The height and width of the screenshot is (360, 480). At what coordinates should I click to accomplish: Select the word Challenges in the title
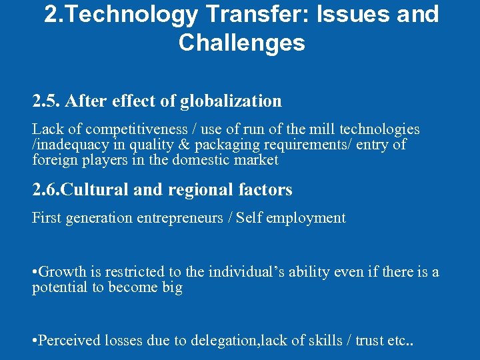241,43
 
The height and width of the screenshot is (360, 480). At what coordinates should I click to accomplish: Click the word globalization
231,101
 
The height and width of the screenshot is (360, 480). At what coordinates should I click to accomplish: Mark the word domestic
203,160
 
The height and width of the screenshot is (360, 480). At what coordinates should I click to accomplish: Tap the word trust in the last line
371,341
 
